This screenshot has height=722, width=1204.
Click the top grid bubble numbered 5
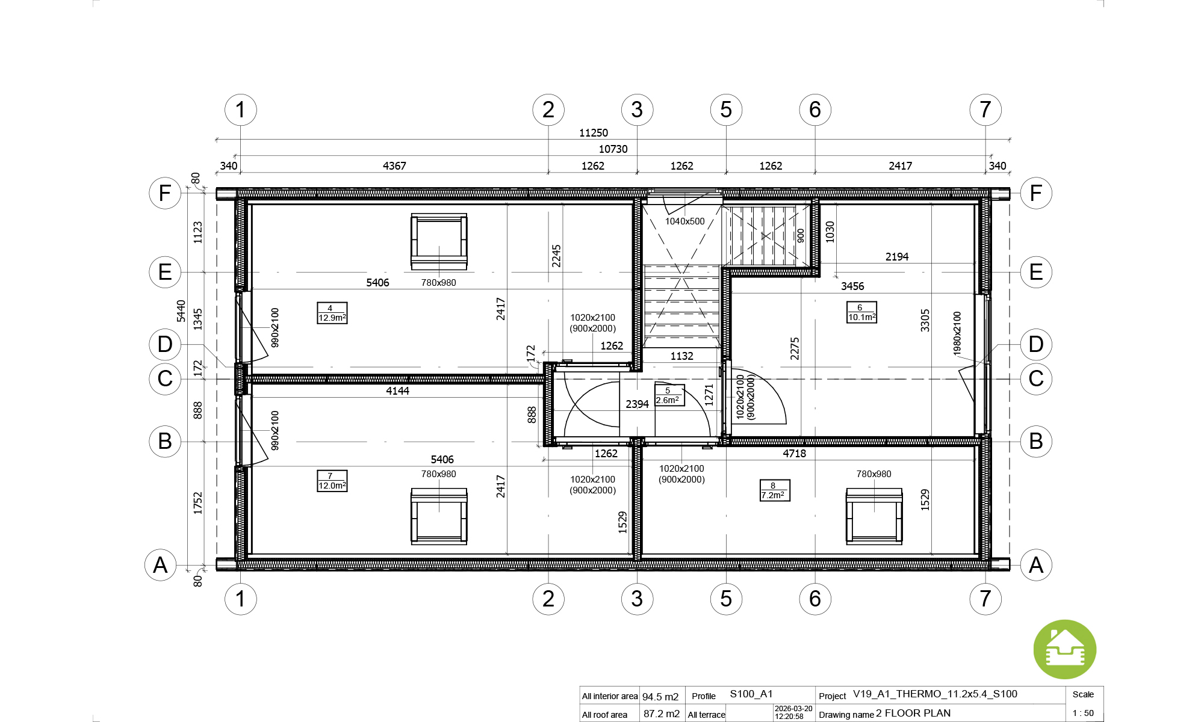pyautogui.click(x=726, y=110)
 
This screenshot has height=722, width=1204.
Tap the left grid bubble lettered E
pyautogui.click(x=165, y=272)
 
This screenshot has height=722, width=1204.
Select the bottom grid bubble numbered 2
pyautogui.click(x=548, y=599)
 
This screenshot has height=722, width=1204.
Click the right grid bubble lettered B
pyautogui.click(x=1036, y=441)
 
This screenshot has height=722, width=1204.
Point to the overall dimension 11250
pyautogui.click(x=594, y=133)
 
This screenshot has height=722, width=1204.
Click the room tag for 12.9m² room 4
pyautogui.click(x=332, y=313)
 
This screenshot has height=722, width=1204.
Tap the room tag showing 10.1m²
pyautogui.click(x=861, y=312)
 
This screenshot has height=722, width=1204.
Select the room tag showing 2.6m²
pyautogui.click(x=669, y=395)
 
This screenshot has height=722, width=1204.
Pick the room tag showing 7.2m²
pyautogui.click(x=775, y=490)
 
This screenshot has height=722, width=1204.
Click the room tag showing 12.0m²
pyautogui.click(x=332, y=481)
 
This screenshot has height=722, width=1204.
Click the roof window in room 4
pyautogui.click(x=439, y=241)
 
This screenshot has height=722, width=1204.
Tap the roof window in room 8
pyautogui.click(x=874, y=516)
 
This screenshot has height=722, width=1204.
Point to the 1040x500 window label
pyautogui.click(x=684, y=221)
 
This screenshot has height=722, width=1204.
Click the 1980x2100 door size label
pyautogui.click(x=957, y=333)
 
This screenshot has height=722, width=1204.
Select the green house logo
pyautogui.click(x=1065, y=650)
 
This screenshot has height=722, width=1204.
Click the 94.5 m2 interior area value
pyautogui.click(x=660, y=697)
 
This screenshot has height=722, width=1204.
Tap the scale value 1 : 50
pyautogui.click(x=1083, y=713)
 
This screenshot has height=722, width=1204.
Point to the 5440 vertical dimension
pyautogui.click(x=181, y=311)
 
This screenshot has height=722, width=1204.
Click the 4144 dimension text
pyautogui.click(x=397, y=391)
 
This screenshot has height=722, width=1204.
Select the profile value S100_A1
pyautogui.click(x=751, y=694)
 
